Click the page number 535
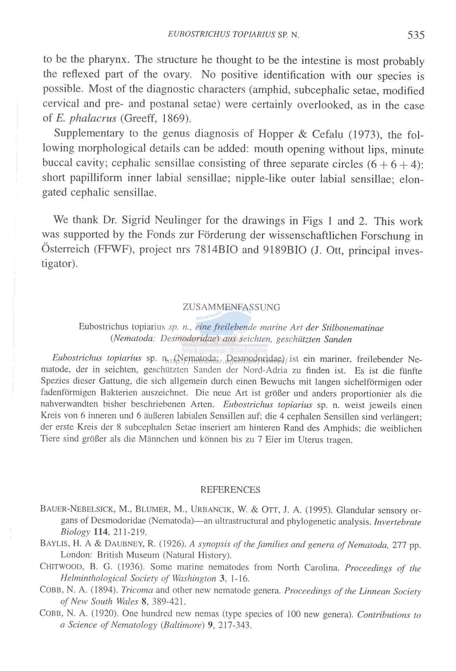[x=416, y=35]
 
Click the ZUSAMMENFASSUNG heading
[x=231, y=307]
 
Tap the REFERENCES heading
[x=230, y=490]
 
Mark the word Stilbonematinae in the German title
[x=353, y=328]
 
